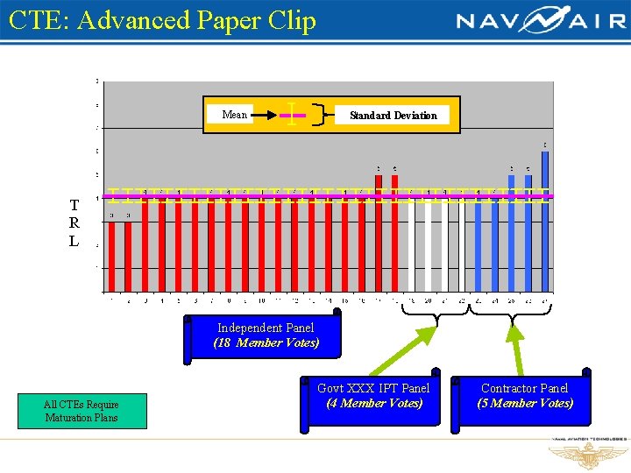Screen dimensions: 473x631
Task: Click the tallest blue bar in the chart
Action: tap(545, 219)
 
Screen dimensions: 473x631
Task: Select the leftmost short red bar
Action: tap(112, 254)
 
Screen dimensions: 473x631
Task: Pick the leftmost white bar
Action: tap(412, 245)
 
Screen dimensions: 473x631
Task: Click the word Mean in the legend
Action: tap(234, 115)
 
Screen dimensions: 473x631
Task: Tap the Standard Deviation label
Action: tap(393, 116)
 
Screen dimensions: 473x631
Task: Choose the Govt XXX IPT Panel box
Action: tap(372, 397)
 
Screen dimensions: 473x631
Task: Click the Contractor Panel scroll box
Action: tap(524, 397)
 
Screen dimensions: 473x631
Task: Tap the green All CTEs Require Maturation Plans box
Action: tap(82, 411)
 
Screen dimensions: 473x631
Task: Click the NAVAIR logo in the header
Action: tap(540, 20)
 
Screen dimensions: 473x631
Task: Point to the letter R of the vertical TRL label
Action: tap(74, 223)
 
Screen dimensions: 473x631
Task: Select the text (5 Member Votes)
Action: tap(525, 404)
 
